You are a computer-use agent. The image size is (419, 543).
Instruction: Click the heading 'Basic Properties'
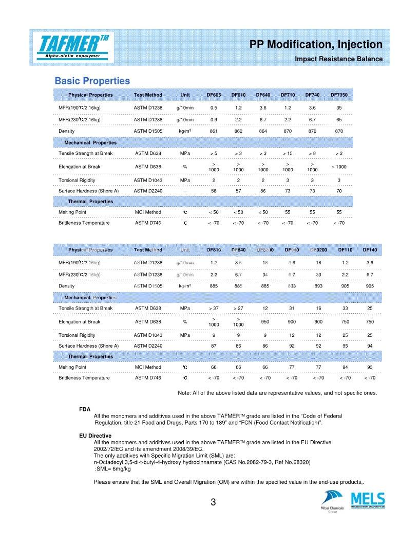(x=92, y=81)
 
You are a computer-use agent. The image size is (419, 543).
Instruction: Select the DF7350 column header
(x=339, y=95)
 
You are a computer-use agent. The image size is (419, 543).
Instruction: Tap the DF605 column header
(x=214, y=95)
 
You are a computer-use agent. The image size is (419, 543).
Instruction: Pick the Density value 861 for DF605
(x=214, y=131)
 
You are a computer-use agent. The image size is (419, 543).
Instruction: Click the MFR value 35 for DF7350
(x=339, y=107)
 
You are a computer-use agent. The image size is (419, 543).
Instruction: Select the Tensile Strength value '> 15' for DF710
(x=288, y=153)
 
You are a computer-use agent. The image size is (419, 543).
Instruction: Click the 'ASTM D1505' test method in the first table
(x=148, y=131)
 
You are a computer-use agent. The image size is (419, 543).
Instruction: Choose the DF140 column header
(x=370, y=250)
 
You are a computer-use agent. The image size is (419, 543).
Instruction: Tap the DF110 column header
(x=345, y=250)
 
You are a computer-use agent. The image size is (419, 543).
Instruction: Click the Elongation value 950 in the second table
(x=265, y=321)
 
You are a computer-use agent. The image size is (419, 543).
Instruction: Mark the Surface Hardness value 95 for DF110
(x=345, y=346)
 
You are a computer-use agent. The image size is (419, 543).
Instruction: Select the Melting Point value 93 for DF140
(x=370, y=367)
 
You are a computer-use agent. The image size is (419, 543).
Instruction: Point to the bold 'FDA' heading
(x=85, y=409)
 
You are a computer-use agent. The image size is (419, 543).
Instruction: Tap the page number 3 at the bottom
(x=213, y=502)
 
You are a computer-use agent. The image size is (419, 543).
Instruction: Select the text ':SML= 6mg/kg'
(x=112, y=468)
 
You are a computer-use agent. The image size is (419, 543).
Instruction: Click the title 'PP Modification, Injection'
(x=316, y=45)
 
